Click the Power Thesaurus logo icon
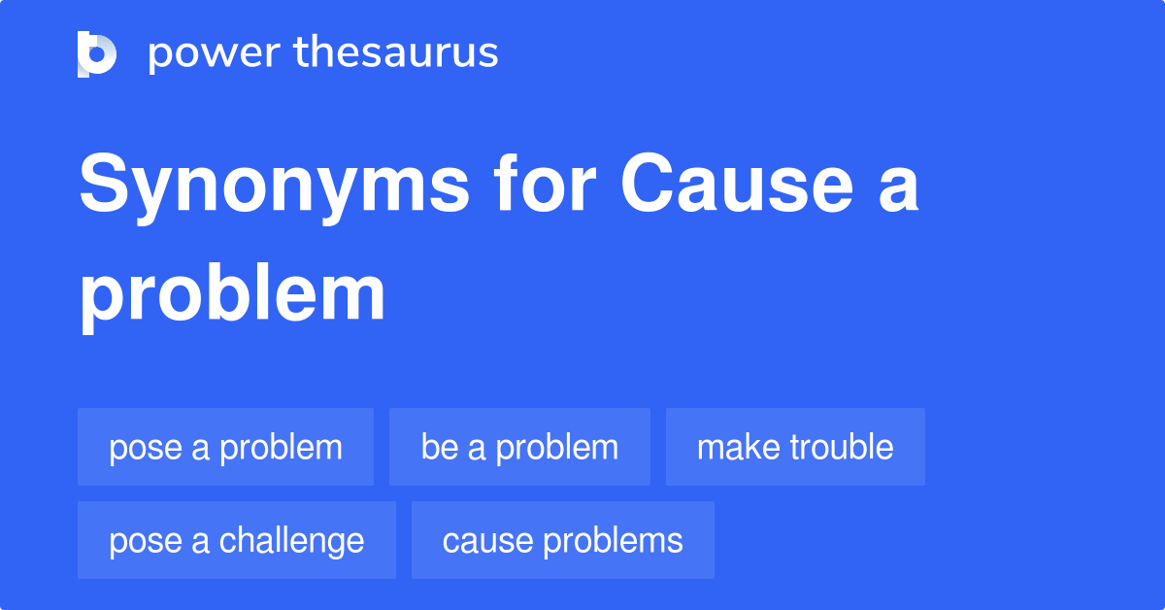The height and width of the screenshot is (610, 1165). click(97, 54)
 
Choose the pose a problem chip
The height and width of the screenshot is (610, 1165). click(225, 447)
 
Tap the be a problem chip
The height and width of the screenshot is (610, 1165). click(519, 447)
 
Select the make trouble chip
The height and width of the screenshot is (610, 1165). click(795, 447)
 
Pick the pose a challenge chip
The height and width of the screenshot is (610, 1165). click(237, 540)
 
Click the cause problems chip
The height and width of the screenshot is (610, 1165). click(563, 540)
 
